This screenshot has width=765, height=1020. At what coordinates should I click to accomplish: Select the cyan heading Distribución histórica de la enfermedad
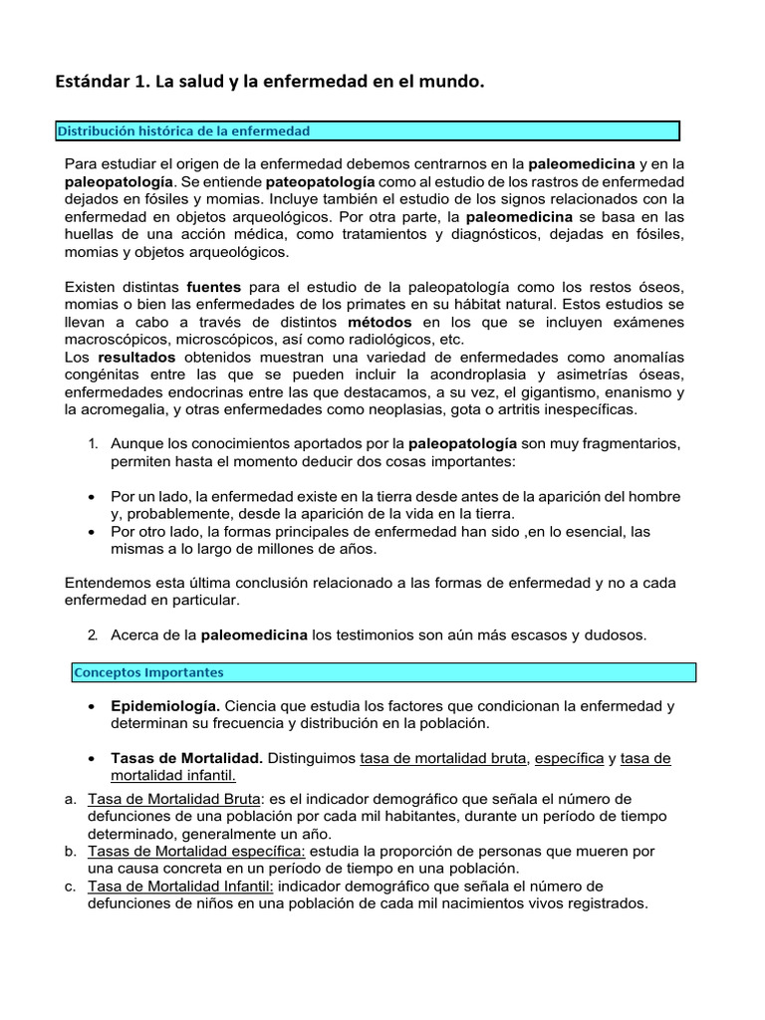pyautogui.click(x=183, y=130)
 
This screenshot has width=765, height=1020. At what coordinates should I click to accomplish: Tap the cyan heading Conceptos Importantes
pyautogui.click(x=148, y=672)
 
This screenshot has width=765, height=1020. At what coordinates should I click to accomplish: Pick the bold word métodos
pyautogui.click(x=379, y=322)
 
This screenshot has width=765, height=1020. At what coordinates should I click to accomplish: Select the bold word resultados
pyautogui.click(x=136, y=357)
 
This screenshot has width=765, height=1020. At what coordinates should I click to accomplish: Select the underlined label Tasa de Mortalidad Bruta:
pyautogui.click(x=174, y=799)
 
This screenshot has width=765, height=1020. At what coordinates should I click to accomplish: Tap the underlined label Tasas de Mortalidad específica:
pyautogui.click(x=196, y=851)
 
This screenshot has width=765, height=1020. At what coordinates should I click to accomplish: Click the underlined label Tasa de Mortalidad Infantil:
pyautogui.click(x=179, y=886)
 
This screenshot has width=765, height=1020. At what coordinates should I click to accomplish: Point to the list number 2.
pyautogui.click(x=93, y=635)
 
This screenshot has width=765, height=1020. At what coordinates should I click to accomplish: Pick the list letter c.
pyautogui.click(x=70, y=886)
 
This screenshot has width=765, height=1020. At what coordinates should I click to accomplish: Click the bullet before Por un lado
pyautogui.click(x=92, y=496)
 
